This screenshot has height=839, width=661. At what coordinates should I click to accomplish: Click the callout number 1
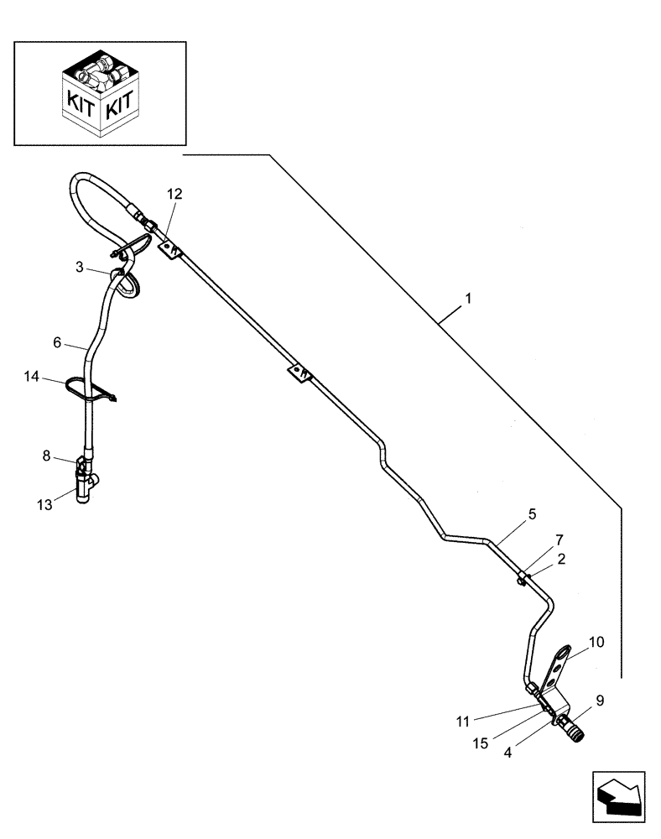pos(468,299)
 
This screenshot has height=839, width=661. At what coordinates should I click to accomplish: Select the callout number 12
pos(174,194)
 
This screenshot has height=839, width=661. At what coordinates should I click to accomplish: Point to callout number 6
pos(57,341)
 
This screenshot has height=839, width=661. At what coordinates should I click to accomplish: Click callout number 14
pos(32,379)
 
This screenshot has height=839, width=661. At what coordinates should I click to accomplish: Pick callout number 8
pos(46,456)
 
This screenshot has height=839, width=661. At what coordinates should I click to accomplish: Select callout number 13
pos(44,503)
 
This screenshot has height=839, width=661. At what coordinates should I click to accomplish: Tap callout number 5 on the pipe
pos(532,512)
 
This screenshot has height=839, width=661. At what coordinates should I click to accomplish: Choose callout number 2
pos(560,557)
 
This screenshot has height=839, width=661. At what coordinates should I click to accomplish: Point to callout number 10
pos(596,643)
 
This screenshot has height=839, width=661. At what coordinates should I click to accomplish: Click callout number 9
pos(600,699)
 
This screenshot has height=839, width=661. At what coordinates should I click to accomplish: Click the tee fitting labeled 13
pos(86,486)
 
